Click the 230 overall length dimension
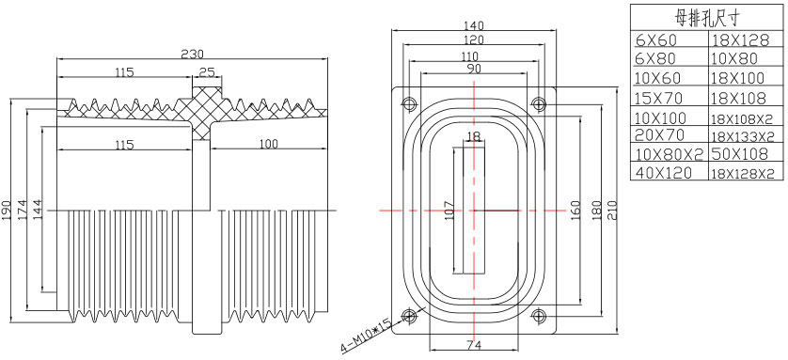(193, 54)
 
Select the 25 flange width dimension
(207, 71)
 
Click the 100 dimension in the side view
(268, 144)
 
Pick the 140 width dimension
(473, 25)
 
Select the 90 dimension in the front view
(473, 69)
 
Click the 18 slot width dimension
(473, 136)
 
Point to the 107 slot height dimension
(449, 210)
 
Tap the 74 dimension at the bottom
(474, 345)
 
